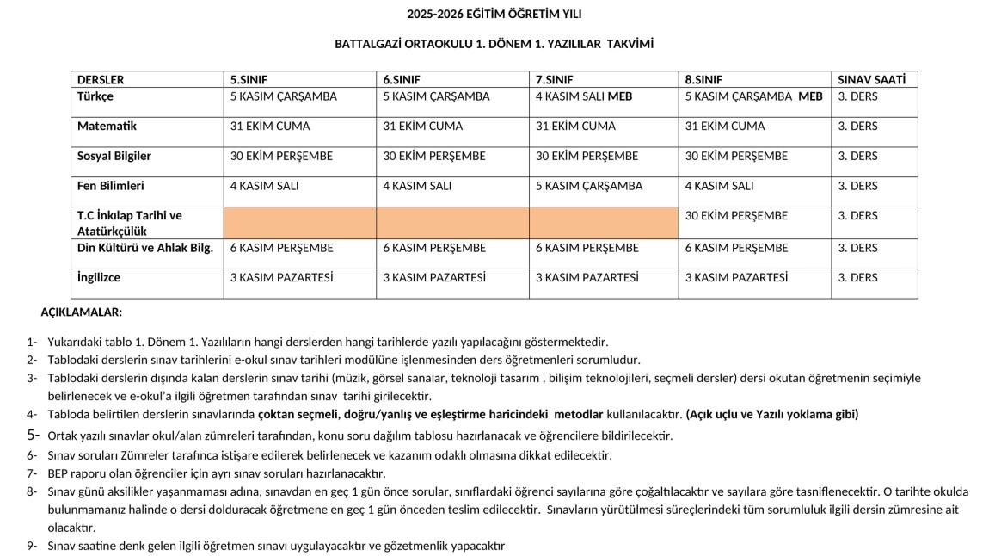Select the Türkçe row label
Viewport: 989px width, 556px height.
95,96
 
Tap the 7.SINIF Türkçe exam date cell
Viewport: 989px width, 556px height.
584,96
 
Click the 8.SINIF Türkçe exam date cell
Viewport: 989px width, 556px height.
753,96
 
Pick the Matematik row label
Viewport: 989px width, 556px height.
107,126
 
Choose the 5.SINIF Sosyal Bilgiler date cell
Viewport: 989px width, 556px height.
281,156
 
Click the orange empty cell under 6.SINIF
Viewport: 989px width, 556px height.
452,223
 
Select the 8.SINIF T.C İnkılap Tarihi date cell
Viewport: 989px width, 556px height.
736,215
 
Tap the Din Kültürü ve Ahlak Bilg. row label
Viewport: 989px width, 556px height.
145,248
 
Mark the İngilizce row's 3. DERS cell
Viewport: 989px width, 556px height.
857,277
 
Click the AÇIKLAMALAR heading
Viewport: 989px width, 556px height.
82,312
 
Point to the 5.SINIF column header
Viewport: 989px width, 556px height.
249,79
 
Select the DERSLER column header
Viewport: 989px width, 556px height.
101,79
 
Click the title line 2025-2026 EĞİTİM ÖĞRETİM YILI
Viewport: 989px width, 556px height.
494,14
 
